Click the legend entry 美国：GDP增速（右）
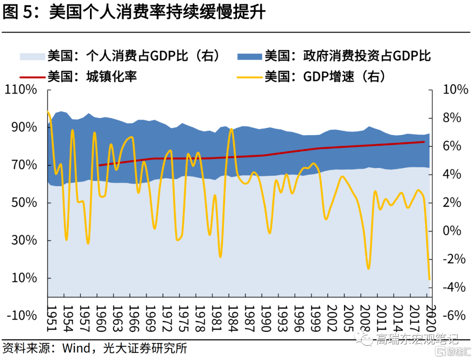[324, 77]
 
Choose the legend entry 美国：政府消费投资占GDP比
[347, 56]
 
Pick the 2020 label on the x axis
[430, 314]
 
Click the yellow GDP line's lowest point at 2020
[429, 279]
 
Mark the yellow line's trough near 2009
[368, 268]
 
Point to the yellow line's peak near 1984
[232, 129]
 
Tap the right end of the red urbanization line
[424, 142]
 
